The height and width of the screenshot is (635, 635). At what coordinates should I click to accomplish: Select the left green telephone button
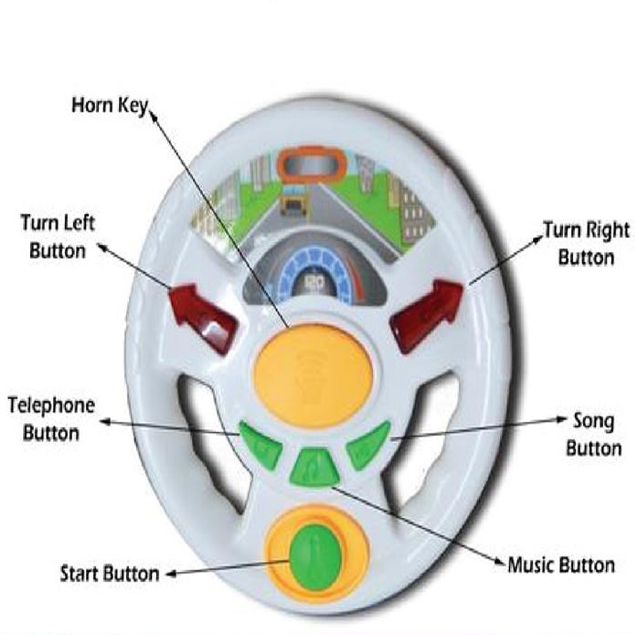click(261, 444)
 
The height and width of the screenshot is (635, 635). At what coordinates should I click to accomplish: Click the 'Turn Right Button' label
click(585, 243)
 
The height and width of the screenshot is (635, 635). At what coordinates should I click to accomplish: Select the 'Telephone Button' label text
click(51, 419)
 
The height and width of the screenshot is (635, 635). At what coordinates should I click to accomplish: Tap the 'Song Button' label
click(594, 434)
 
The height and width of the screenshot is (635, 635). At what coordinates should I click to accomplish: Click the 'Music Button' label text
click(561, 565)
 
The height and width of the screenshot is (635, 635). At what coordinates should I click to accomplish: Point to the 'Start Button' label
click(109, 573)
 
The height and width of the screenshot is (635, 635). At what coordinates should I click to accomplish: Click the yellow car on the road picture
click(293, 203)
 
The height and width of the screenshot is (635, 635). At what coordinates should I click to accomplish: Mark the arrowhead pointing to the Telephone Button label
click(105, 420)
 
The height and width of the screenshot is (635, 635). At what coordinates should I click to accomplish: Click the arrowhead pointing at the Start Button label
click(170, 574)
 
